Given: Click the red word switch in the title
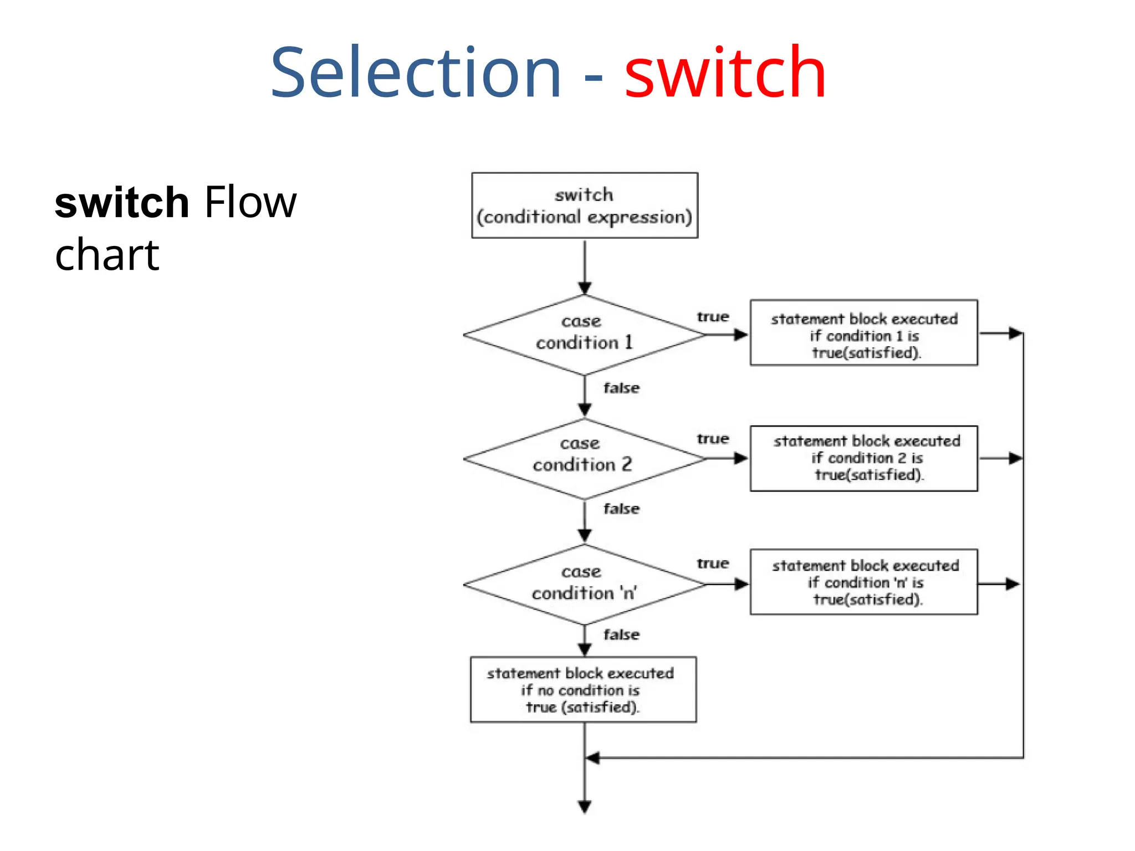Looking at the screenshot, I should click(x=725, y=73).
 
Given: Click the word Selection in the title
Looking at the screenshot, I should click(x=416, y=73).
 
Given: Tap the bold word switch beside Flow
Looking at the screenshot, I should click(x=122, y=203).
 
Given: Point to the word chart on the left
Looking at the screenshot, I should click(x=107, y=255).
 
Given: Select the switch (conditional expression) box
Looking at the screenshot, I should click(x=584, y=206).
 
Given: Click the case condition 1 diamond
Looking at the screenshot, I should click(x=584, y=335).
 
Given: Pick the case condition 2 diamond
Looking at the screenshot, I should click(x=584, y=458).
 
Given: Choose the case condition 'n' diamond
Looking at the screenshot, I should click(x=584, y=584).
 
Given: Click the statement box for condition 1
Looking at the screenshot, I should click(x=863, y=333).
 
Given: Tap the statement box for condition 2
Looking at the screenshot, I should click(x=863, y=458).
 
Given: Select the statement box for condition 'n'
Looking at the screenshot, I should click(x=863, y=582).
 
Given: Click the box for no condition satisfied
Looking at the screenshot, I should click(x=583, y=690).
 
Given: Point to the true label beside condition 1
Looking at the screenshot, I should click(x=713, y=317).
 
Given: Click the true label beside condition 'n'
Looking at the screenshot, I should click(x=713, y=563).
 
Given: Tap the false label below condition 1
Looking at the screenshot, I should click(x=621, y=388).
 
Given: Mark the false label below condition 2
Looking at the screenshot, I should click(x=621, y=509).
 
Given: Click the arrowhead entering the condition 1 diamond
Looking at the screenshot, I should click(x=585, y=288).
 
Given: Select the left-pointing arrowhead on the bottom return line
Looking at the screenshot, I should click(x=592, y=758).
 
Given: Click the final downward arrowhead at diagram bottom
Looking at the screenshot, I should click(x=585, y=807).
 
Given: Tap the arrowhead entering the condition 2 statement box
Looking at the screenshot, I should click(x=741, y=458).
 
